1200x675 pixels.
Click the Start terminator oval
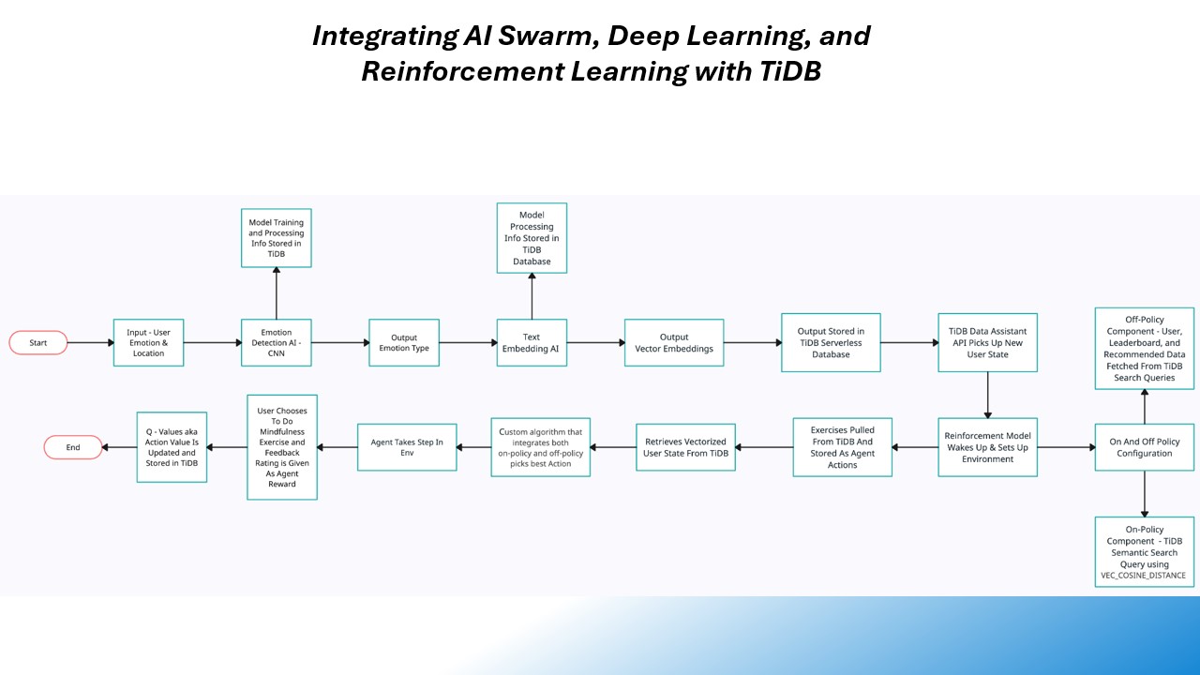pos(38,343)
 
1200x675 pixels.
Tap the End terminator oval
pos(73,448)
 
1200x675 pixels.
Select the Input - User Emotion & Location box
pos(148,343)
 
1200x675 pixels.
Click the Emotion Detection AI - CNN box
pos(276,343)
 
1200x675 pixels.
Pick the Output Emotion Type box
pos(403,343)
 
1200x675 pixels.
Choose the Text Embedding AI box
pos(532,343)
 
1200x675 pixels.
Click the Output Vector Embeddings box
pos(673,343)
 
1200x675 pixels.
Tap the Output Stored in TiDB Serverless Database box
pos(831,343)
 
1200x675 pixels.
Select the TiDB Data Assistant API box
pos(987,343)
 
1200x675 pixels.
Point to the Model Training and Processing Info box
pos(276,238)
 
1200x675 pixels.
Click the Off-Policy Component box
pos(1144,348)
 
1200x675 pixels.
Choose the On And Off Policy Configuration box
pos(1144,447)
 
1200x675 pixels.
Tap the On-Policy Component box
pos(1144,552)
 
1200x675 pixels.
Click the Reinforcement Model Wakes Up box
pos(987,447)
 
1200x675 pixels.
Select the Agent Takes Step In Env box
pos(407,447)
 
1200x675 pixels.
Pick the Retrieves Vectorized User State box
pos(685,447)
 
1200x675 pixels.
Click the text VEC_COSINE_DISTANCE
pos(1144,576)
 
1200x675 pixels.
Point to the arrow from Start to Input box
pos(91,343)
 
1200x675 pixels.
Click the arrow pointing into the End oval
pos(119,448)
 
